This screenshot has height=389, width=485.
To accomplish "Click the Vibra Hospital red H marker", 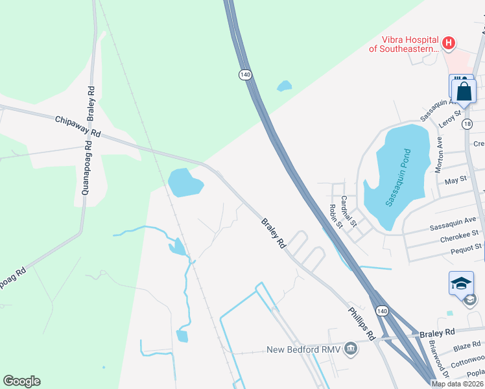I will [x=447, y=43].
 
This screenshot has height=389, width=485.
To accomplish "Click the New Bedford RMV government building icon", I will [x=351, y=349].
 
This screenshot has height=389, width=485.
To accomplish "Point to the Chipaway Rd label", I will [x=78, y=126].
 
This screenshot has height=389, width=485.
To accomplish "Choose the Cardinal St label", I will [x=349, y=211].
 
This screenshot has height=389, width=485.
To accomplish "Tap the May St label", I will [x=455, y=180].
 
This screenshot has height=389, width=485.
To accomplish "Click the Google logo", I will [x=21, y=381].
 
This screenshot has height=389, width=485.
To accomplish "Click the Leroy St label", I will [x=449, y=119].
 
